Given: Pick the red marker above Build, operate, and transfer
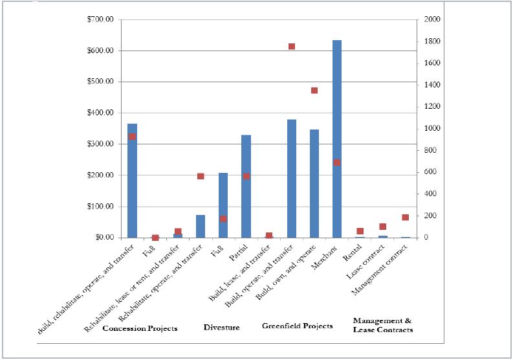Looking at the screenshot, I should click(x=292, y=47).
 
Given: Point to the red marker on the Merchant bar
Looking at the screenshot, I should click(x=337, y=163).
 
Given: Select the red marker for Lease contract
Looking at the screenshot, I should click(x=383, y=227).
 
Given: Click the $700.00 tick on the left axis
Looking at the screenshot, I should click(x=100, y=19).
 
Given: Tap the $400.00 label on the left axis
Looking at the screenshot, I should click(x=100, y=113).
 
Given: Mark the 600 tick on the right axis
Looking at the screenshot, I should click(x=429, y=172).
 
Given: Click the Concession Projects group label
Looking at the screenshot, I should click(x=140, y=328).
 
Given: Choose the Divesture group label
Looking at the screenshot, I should click(x=221, y=328).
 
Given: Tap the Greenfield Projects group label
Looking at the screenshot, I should click(x=297, y=326).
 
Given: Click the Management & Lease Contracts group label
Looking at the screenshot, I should click(x=382, y=325).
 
